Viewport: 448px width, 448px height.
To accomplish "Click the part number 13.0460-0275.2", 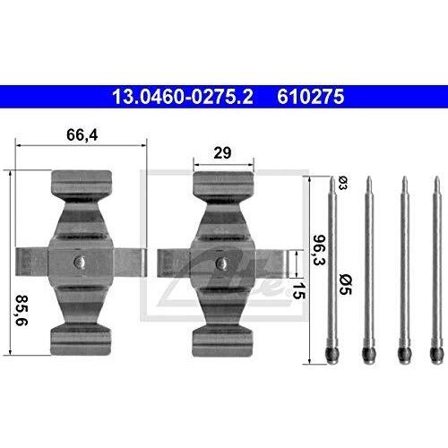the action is pos(183,97).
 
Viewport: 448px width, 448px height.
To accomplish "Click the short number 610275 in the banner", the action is pos(311,97).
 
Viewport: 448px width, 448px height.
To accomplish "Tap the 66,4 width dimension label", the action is pos(82,134).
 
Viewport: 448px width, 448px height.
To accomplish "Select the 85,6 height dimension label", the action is pos(22,310).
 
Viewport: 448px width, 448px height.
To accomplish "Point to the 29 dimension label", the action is pos(222,153).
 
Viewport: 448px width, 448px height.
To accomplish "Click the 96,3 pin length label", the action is pos(319,250).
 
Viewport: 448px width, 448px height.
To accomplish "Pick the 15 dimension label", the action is pos(298,290).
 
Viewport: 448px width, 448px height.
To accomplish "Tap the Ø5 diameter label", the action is pos(346,285).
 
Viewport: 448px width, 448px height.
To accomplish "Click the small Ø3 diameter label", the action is pos(343,183).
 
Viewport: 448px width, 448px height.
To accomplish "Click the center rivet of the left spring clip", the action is pos(81,262).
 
